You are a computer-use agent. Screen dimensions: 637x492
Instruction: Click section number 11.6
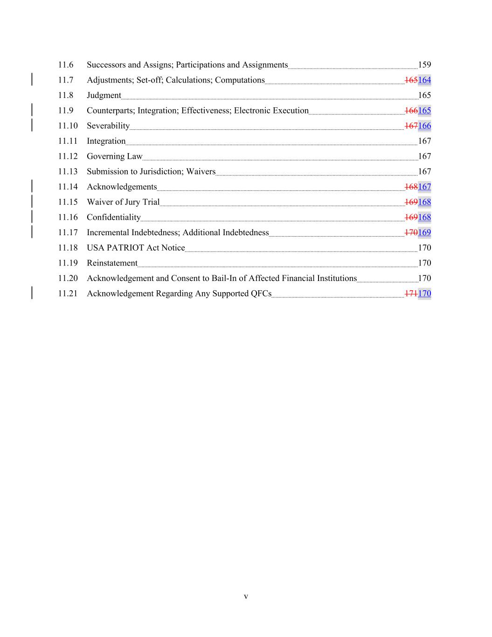point(66,65)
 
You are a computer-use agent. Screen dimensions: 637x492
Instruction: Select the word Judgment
point(104,96)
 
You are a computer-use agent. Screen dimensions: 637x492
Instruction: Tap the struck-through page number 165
point(411,80)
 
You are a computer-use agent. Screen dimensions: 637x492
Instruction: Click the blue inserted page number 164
point(424,80)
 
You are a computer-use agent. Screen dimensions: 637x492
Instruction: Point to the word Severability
point(108,126)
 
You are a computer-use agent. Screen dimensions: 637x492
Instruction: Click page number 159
point(424,65)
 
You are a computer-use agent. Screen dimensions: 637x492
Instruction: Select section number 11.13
point(68,172)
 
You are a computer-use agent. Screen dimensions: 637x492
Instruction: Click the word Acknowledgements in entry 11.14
point(122,187)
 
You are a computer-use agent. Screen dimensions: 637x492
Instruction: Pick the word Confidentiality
point(113,217)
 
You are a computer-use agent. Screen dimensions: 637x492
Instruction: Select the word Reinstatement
point(112,263)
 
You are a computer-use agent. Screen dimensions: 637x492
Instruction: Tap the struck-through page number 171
point(411,294)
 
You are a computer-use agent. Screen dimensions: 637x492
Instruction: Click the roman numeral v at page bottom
point(246,596)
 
